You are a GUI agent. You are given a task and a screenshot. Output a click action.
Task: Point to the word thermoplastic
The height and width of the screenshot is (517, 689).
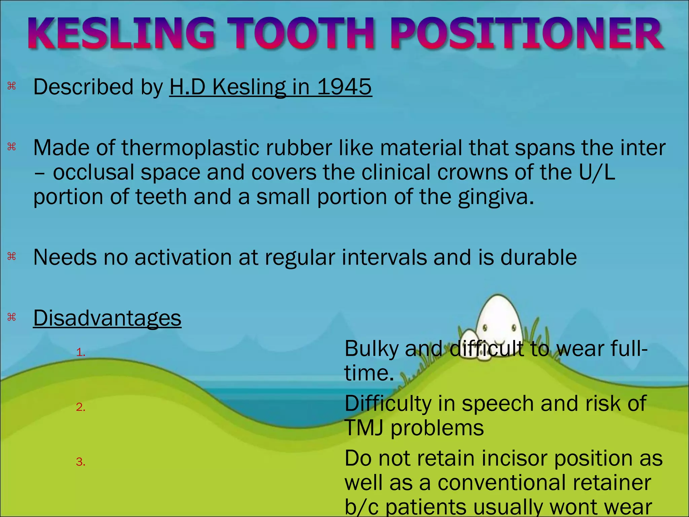pos(190,148)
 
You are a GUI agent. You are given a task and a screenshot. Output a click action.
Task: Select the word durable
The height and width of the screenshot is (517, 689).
pos(538,257)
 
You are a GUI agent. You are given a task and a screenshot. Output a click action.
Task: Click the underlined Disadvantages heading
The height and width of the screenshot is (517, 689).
pos(107,318)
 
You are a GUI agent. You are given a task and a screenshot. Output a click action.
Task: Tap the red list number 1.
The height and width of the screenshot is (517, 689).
pos(80,352)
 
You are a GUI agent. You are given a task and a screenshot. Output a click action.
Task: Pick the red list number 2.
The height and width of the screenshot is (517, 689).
pos(80,407)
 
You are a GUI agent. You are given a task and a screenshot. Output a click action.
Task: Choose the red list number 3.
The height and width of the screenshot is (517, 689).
pos(80,462)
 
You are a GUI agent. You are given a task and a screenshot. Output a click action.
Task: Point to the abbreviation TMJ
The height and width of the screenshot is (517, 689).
pos(364,428)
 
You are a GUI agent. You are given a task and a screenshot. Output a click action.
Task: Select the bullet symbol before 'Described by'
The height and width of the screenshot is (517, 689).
pos(12,87)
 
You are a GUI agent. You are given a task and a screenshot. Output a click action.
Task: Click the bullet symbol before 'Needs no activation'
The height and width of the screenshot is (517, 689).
pos(12,257)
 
